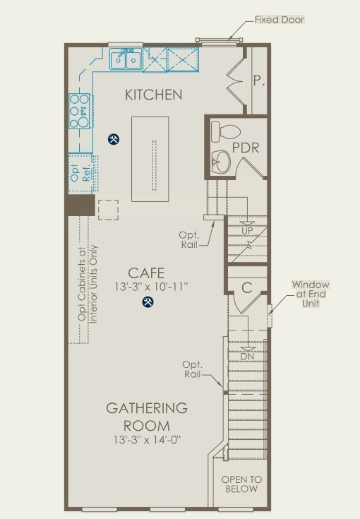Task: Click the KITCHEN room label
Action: pyautogui.click(x=154, y=95)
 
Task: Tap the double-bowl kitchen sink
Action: pyautogui.click(x=126, y=59)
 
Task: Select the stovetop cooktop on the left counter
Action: pyautogui.click(x=79, y=111)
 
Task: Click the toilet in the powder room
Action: pyautogui.click(x=225, y=132)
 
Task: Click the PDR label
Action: pyautogui.click(x=245, y=148)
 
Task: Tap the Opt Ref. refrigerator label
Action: pyautogui.click(x=80, y=172)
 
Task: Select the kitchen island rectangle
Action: pyautogui.click(x=150, y=159)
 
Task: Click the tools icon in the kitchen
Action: pyautogui.click(x=114, y=139)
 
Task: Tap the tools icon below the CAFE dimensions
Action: pyautogui.click(x=148, y=302)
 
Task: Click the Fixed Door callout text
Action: pyautogui.click(x=280, y=20)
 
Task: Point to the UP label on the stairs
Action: pyautogui.click(x=247, y=231)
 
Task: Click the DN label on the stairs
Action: pyautogui.click(x=247, y=357)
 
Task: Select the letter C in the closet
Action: pyautogui.click(x=247, y=288)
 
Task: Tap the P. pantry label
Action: pyautogui.click(x=259, y=80)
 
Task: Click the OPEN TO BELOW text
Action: pyautogui.click(x=241, y=484)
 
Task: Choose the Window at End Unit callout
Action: pyautogui.click(x=311, y=294)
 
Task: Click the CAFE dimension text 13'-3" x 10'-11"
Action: pyautogui.click(x=151, y=287)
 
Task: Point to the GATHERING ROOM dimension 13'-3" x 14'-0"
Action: pyautogui.click(x=147, y=440)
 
